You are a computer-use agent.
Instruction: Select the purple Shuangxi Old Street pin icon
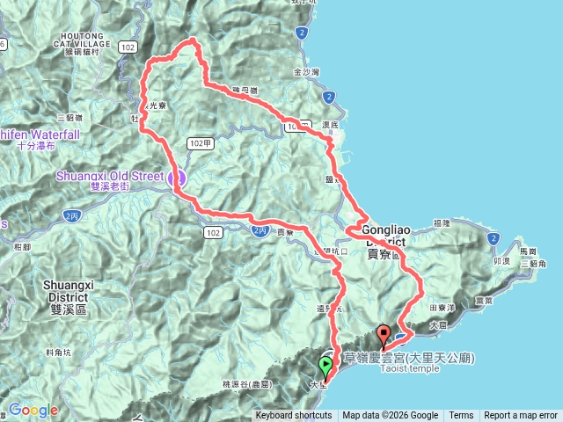tap(176, 177)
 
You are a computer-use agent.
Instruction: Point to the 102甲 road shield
tap(198, 142)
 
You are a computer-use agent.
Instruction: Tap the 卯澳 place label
tap(502, 261)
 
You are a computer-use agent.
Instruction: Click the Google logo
tap(33, 410)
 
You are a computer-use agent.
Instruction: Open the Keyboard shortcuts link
tap(294, 416)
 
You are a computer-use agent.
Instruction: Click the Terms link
tap(461, 416)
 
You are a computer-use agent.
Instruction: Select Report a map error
tap(521, 416)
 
